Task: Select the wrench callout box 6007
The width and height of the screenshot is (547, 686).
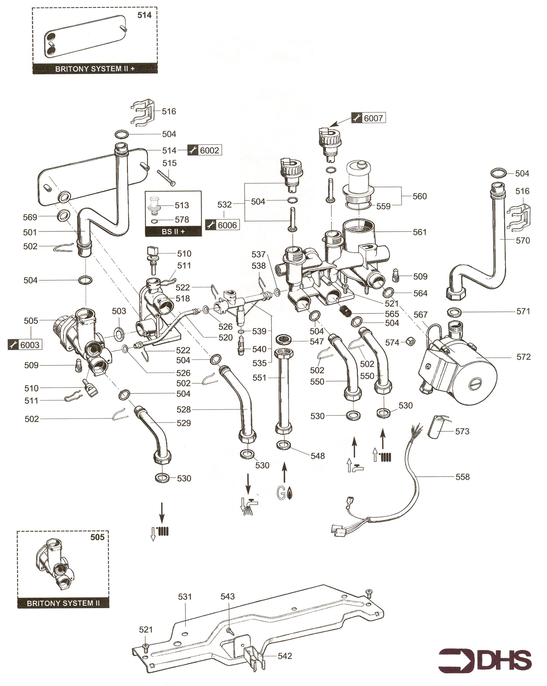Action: [368, 118]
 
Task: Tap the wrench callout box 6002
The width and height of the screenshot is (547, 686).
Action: [205, 150]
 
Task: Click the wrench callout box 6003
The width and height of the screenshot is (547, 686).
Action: [25, 345]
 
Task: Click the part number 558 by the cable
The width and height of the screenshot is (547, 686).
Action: [462, 477]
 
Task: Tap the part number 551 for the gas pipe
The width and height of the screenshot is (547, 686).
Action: [259, 378]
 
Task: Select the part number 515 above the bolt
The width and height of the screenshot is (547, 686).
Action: [169, 163]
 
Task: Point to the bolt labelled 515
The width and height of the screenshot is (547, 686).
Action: [166, 178]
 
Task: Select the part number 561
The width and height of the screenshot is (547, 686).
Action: [419, 232]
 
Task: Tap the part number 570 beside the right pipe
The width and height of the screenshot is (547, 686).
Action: [523, 240]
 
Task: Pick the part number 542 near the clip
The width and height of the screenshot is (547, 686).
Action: [285, 656]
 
